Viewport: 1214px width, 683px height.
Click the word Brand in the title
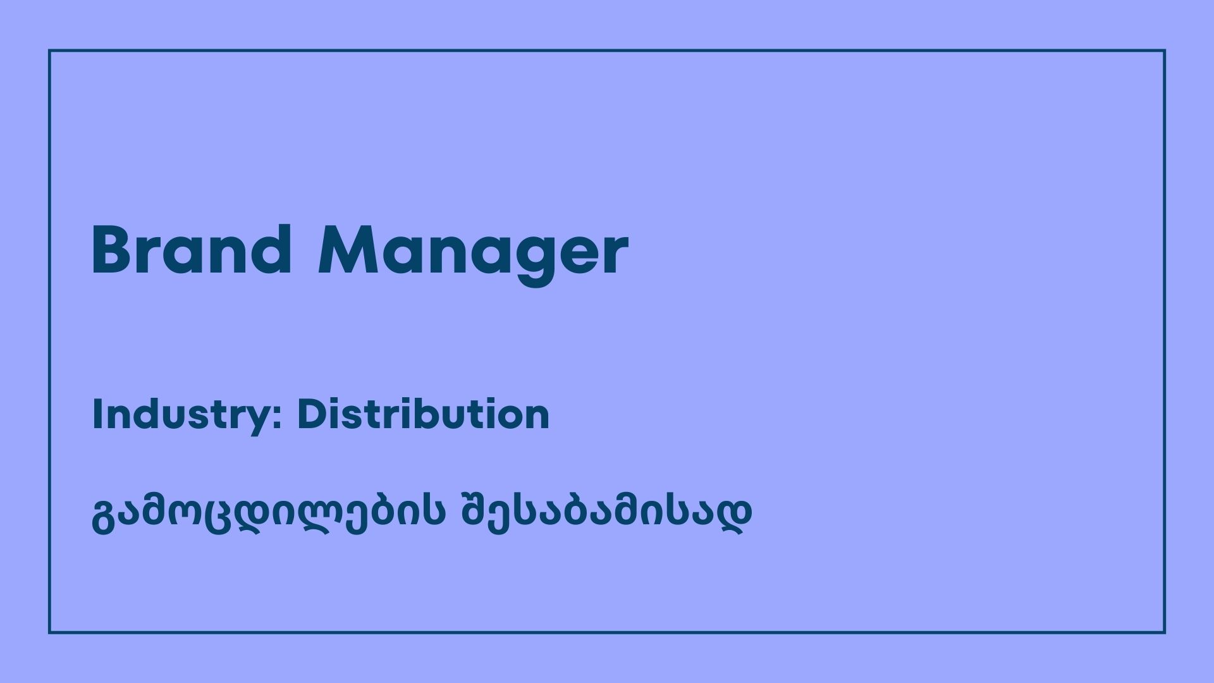192,250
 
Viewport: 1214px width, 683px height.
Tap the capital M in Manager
350,250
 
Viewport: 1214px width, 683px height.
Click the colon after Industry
278,417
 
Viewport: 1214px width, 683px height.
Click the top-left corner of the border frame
49,51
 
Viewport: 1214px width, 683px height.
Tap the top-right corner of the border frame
1164,51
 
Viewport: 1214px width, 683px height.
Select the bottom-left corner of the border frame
49,632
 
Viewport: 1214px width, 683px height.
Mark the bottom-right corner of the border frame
1164,632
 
